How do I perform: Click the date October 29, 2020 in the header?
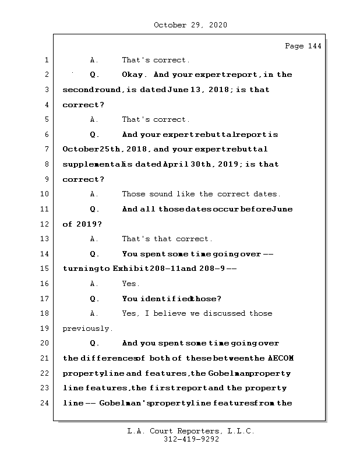(190, 25)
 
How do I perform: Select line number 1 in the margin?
(46, 60)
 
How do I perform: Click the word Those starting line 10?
(133, 194)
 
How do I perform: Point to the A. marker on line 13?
(94, 239)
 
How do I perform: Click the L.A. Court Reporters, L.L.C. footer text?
(191, 431)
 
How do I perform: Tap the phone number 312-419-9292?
(191, 440)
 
